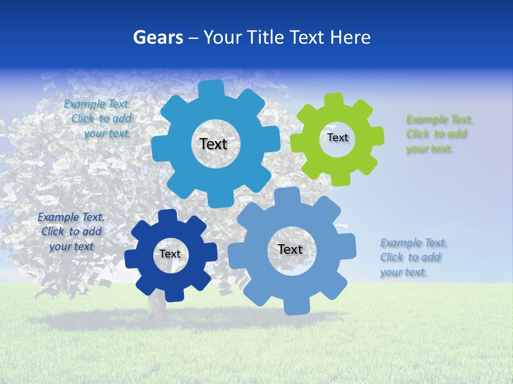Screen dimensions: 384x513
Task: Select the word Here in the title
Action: (x=350, y=37)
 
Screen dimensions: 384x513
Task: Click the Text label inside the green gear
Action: (x=338, y=138)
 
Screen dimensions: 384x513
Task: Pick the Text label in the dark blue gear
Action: (x=170, y=254)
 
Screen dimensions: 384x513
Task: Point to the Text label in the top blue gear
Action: (x=213, y=144)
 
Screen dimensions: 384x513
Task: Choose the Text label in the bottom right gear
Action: (x=290, y=249)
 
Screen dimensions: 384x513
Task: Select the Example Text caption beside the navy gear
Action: (x=71, y=232)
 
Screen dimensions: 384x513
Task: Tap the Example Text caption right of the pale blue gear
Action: (x=413, y=258)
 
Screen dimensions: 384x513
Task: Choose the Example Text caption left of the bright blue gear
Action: (x=99, y=118)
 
